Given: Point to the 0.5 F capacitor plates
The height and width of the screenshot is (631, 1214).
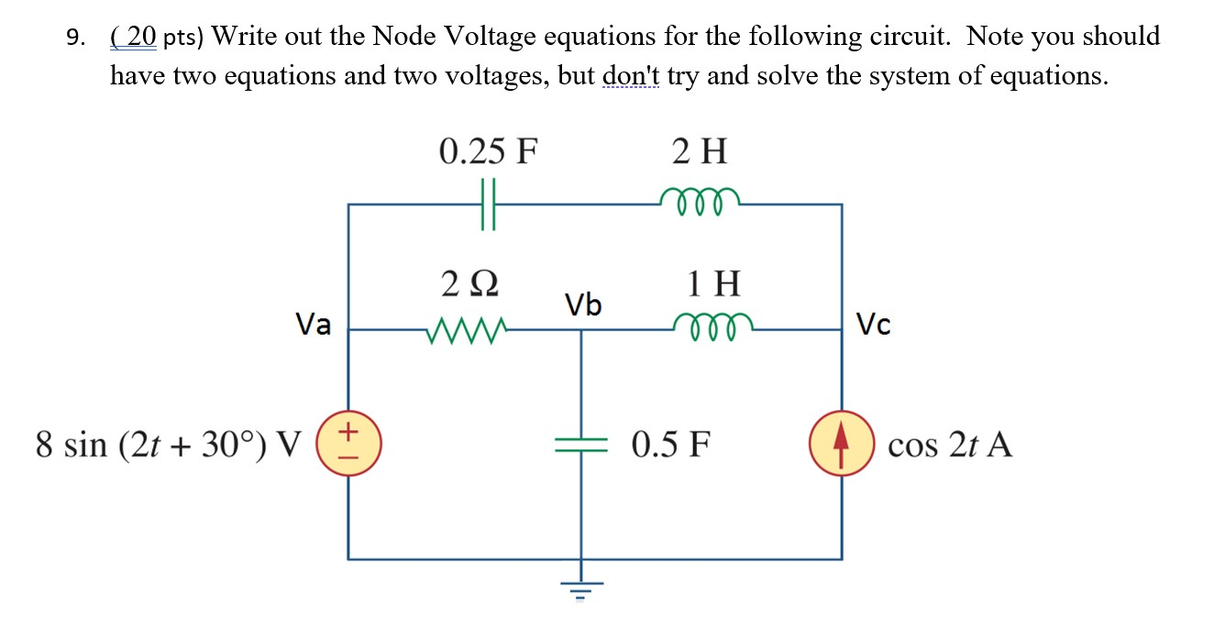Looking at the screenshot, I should click(x=580, y=445).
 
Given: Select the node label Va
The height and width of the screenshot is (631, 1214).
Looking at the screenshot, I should click(x=314, y=324).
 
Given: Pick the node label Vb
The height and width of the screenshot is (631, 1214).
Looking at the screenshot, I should click(x=583, y=304).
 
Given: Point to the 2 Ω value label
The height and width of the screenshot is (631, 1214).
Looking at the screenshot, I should click(x=469, y=283).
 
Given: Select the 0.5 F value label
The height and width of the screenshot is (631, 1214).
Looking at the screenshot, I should click(x=670, y=446).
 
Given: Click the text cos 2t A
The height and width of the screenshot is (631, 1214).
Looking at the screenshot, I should click(x=950, y=446).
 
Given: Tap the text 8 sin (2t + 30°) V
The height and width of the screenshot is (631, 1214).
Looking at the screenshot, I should click(x=168, y=446).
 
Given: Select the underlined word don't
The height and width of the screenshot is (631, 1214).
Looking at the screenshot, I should click(x=632, y=75).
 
